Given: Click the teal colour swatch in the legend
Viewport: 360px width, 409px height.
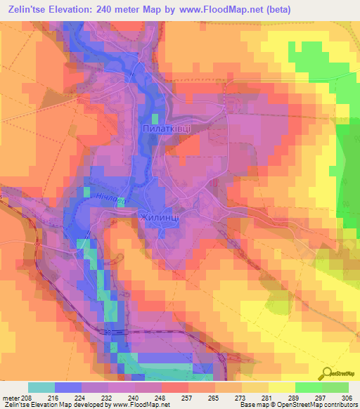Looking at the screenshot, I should pos(41,387).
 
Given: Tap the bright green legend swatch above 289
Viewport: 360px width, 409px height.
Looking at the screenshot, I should pos(308,387).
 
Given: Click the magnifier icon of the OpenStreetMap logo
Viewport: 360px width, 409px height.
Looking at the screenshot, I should pos(327,374).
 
